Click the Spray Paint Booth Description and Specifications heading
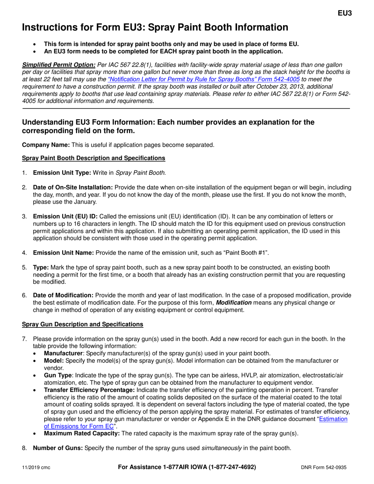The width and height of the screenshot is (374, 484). (x=93, y=158)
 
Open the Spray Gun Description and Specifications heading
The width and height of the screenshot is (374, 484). (x=82, y=324)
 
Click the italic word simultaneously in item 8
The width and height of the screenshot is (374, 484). (x=222, y=448)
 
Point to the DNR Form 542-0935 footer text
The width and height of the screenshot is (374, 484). (x=324, y=467)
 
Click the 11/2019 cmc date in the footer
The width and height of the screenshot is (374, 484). (x=36, y=467)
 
